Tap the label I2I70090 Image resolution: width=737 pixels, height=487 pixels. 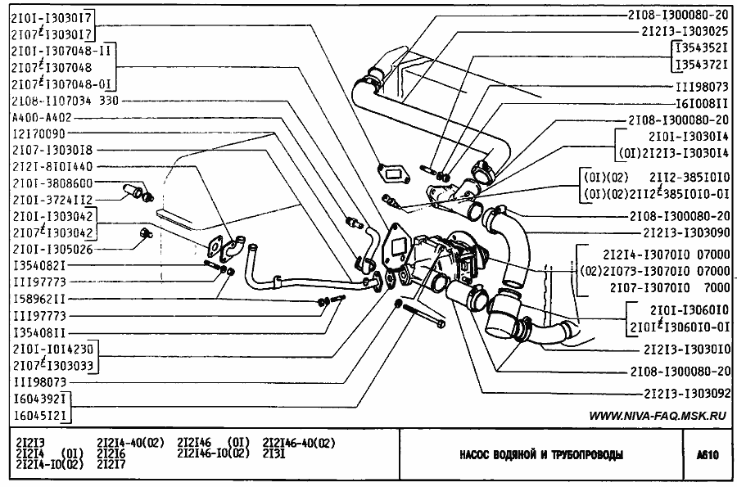(x=38, y=133)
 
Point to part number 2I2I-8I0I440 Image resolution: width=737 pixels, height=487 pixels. (x=51, y=166)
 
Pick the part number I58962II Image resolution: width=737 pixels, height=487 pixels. (x=38, y=299)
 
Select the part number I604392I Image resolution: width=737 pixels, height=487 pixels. (x=38, y=399)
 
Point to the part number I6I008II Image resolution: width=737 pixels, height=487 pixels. (x=701, y=105)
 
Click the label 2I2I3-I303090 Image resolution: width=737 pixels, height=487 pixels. (x=685, y=233)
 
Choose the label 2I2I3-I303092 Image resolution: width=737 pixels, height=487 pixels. (x=685, y=392)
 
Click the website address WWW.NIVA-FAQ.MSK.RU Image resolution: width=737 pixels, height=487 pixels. (x=658, y=417)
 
